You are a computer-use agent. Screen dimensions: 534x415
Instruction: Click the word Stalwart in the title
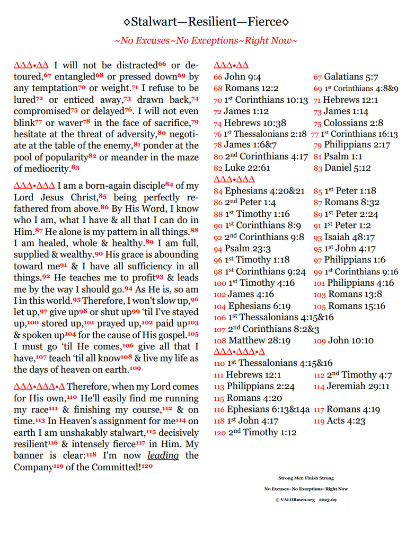tap(153, 22)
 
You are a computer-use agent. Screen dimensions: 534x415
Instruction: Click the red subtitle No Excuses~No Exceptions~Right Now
tap(206, 40)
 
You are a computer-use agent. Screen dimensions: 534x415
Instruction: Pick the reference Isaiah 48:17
tap(351, 237)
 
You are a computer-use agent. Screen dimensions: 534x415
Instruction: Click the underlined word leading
tap(163, 456)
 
